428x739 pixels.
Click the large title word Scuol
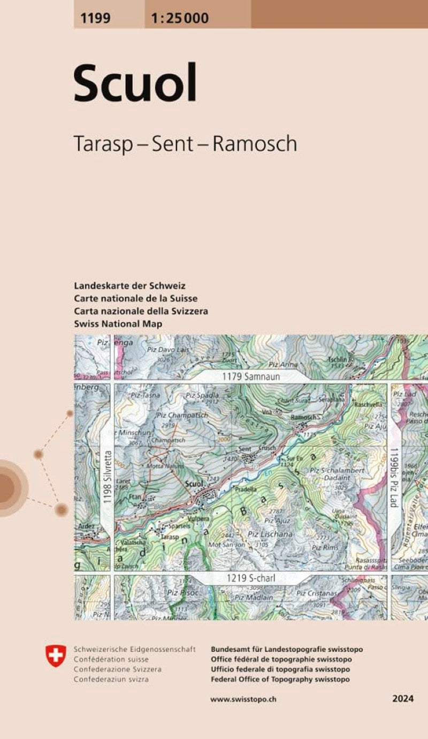(135, 83)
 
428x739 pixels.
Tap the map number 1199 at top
(96, 18)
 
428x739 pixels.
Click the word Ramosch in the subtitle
(255, 144)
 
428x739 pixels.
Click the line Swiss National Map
(118, 324)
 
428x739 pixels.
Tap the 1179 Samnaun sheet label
(251, 377)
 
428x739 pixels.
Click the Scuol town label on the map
(193, 484)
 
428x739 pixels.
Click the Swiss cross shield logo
(56, 655)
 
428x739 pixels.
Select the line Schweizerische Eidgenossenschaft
(134, 649)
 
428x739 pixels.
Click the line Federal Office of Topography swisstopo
(280, 679)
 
